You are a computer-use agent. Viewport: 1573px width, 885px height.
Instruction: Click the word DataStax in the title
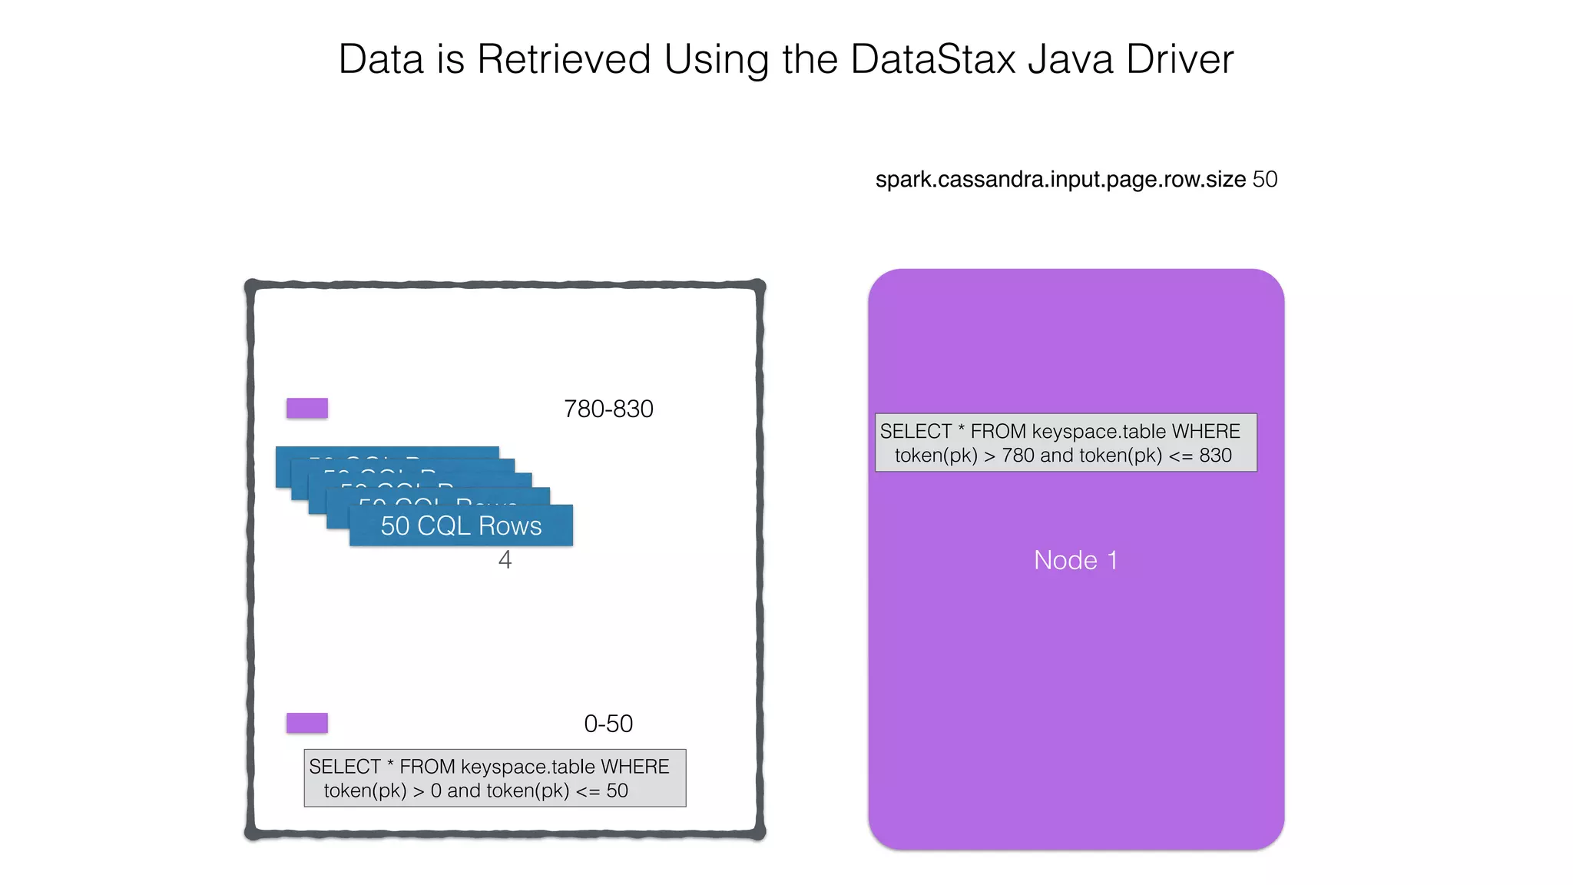pyautogui.click(x=932, y=59)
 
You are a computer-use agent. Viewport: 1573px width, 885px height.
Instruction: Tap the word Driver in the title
pyautogui.click(x=1180, y=59)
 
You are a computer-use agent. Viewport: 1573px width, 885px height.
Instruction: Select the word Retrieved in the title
pyautogui.click(x=564, y=59)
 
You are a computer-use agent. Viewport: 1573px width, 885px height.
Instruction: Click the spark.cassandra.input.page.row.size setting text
pyautogui.click(x=1060, y=180)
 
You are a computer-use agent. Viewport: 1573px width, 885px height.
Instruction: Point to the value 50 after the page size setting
pyautogui.click(x=1265, y=180)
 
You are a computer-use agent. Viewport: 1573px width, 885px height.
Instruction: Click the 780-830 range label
pyautogui.click(x=608, y=409)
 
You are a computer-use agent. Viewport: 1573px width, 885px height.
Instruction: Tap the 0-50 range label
pyautogui.click(x=608, y=724)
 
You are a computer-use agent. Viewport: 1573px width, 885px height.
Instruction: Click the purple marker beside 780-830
pyautogui.click(x=307, y=408)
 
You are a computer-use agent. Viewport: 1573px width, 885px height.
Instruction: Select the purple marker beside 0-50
pyautogui.click(x=307, y=723)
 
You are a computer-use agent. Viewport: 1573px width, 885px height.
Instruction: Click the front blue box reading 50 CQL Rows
pyautogui.click(x=461, y=526)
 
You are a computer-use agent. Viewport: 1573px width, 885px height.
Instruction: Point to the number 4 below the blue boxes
pyautogui.click(x=505, y=560)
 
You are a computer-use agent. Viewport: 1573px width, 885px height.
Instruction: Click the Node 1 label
pyautogui.click(x=1075, y=560)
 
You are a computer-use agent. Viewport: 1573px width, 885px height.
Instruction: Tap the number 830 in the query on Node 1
pyautogui.click(x=1215, y=456)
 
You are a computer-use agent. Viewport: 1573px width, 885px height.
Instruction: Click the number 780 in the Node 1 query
pyautogui.click(x=1018, y=456)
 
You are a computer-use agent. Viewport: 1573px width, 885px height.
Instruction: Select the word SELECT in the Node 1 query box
pyautogui.click(x=916, y=432)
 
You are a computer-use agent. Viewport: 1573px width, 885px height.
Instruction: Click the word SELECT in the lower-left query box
pyautogui.click(x=344, y=767)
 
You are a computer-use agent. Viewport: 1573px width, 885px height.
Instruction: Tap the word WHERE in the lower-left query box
pyautogui.click(x=634, y=767)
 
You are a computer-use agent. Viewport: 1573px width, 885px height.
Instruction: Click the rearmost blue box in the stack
pyautogui.click(x=384, y=452)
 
